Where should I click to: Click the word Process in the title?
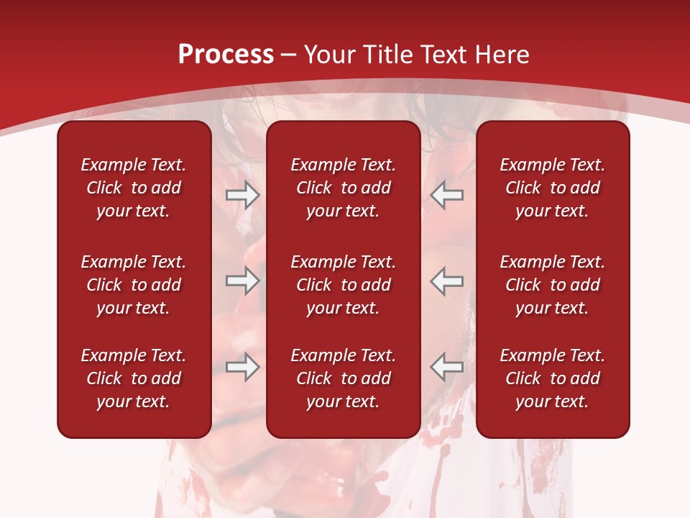(226, 55)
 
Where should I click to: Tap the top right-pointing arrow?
(242, 195)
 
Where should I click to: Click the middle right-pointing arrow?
(242, 281)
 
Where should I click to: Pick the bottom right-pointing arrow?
(242, 367)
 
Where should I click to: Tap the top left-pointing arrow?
(447, 195)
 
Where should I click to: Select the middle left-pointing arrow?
(447, 281)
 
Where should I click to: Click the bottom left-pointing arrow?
(447, 367)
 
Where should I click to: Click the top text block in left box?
(134, 188)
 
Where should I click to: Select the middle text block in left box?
(134, 285)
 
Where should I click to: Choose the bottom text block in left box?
(134, 378)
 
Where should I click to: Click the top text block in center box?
(343, 188)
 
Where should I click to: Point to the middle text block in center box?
(343, 285)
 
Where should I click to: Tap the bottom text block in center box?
(343, 378)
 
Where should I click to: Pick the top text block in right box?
(552, 188)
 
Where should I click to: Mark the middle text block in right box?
(552, 285)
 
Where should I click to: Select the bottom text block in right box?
(552, 378)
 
